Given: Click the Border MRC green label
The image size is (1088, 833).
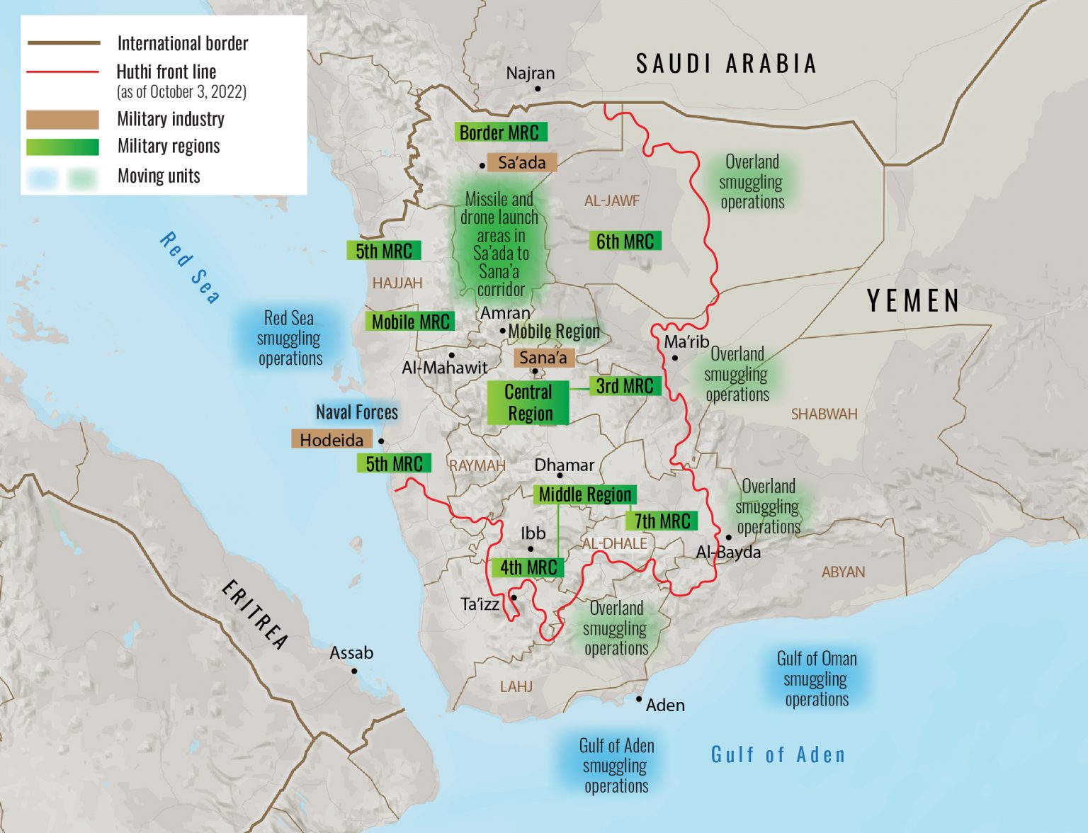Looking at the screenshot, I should pyautogui.click(x=500, y=132).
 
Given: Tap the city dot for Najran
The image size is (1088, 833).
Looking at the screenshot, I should pyautogui.click(x=538, y=89).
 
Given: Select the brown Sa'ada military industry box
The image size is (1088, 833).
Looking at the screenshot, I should pyautogui.click(x=522, y=162).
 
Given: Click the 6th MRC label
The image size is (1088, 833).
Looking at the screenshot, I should pyautogui.click(x=625, y=241).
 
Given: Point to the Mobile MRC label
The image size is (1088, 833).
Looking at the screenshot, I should pyautogui.click(x=410, y=322).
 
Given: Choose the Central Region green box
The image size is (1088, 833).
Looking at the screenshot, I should pyautogui.click(x=528, y=402).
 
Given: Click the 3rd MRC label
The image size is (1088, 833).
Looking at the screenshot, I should pyautogui.click(x=625, y=386).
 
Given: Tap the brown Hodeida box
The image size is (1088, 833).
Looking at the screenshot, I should pyautogui.click(x=331, y=439).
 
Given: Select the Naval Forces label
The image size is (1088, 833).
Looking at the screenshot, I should pyautogui.click(x=357, y=412).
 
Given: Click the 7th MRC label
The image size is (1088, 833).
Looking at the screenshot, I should pyautogui.click(x=662, y=521).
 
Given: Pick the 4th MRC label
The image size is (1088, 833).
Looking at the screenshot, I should pyautogui.click(x=528, y=567).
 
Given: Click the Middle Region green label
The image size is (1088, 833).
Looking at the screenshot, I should pyautogui.click(x=584, y=494).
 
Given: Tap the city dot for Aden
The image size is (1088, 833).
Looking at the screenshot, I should pyautogui.click(x=639, y=699).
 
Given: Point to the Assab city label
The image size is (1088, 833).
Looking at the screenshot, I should pyautogui.click(x=351, y=652).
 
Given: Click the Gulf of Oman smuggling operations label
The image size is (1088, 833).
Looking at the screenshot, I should pyautogui.click(x=817, y=679).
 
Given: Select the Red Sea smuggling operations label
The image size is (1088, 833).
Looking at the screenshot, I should pyautogui.click(x=290, y=338).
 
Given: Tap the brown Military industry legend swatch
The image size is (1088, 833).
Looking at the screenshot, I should pyautogui.click(x=62, y=119).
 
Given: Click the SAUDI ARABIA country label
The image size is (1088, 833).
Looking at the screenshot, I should pyautogui.click(x=727, y=64).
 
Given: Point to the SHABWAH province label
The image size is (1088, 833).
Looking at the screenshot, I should pyautogui.click(x=824, y=414).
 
